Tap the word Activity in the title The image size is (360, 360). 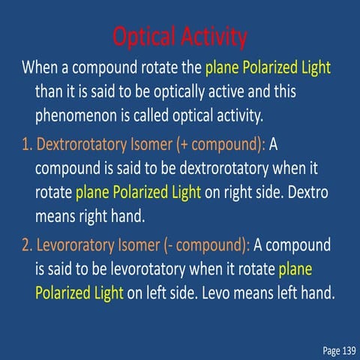212,35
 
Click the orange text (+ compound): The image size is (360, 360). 219,142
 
